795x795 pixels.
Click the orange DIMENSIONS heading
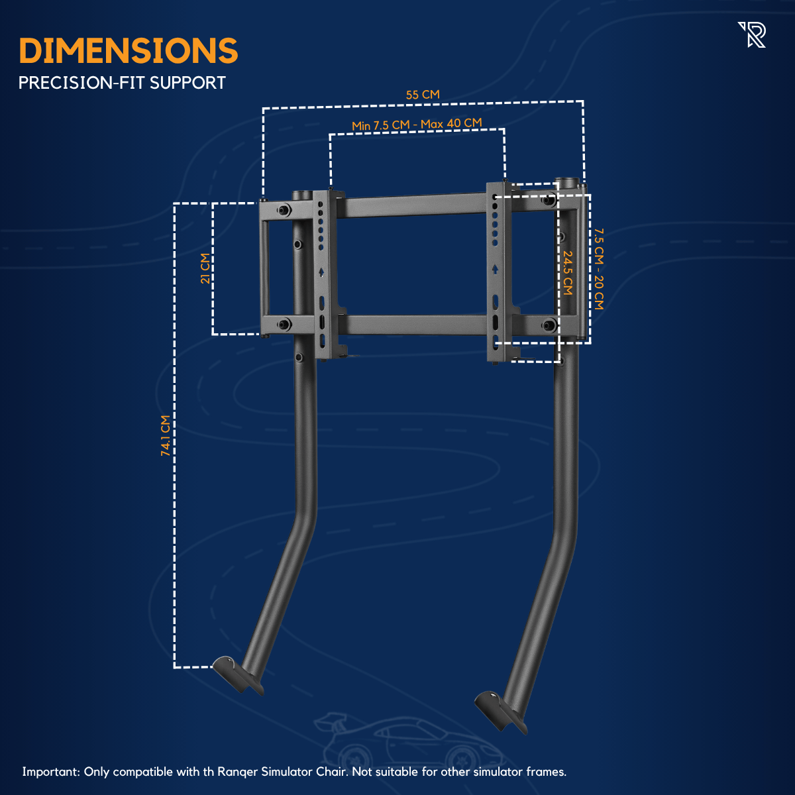coord(129,51)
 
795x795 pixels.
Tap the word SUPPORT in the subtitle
coord(187,83)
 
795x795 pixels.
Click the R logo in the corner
coord(752,35)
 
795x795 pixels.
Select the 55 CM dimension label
coord(423,95)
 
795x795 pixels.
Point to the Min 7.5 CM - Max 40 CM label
coord(417,124)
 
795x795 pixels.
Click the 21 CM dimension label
coord(205,268)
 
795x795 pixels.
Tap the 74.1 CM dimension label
coord(166,436)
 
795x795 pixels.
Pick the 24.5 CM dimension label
coord(568,273)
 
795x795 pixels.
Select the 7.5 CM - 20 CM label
coord(599,269)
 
